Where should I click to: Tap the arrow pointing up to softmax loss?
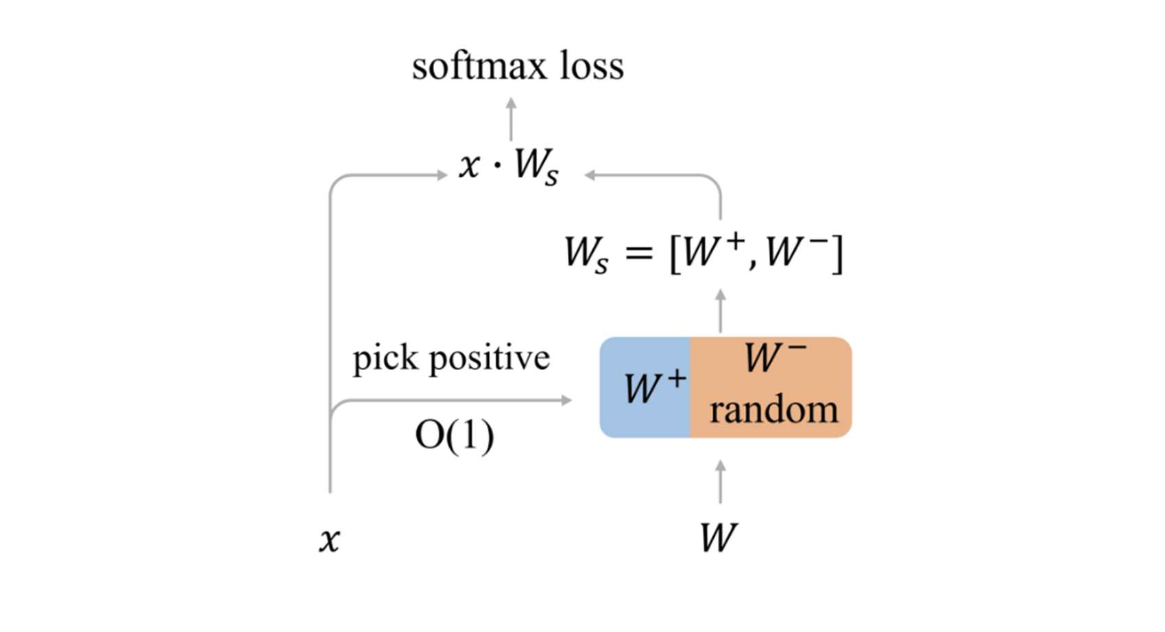pos(511,120)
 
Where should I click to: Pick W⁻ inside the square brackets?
pos(795,252)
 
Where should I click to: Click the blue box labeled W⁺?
pos(645,388)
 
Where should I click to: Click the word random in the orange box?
pos(773,410)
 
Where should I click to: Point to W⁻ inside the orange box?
pos(775,357)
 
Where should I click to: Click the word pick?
pos(385,358)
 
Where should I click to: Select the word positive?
pos(490,358)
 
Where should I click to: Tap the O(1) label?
pos(454,435)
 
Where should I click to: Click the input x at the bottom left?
pos(329,540)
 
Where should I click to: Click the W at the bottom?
pos(719,537)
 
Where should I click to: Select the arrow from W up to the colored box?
pos(720,482)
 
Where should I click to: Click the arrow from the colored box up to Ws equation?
pos(720,311)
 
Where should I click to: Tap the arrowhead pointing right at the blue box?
pos(566,400)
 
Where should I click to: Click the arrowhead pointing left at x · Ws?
pos(590,175)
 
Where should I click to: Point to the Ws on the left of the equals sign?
pos(586,254)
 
